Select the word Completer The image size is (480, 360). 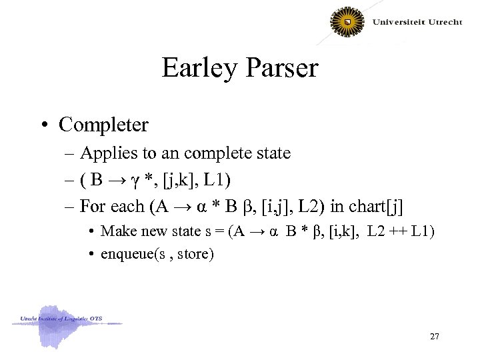pos(103,125)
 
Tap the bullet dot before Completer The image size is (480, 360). pos(46,125)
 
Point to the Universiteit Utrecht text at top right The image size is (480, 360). pos(417,22)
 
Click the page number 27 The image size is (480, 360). pos(434,336)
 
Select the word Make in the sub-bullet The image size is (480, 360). pos(115,231)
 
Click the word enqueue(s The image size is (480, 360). pos(129,254)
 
